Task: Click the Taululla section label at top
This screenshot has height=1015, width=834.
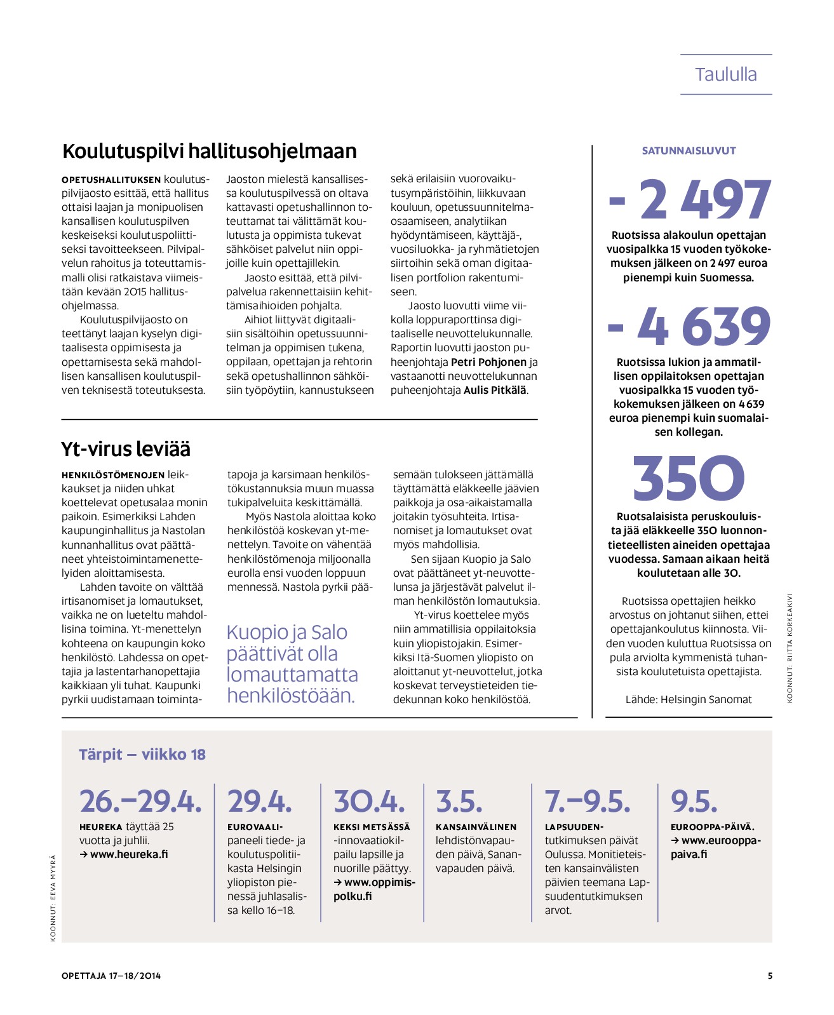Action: pyautogui.click(x=725, y=74)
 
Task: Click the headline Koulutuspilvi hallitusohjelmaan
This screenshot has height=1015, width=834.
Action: pyautogui.click(x=209, y=151)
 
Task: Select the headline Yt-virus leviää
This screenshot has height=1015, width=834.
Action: pyautogui.click(x=126, y=449)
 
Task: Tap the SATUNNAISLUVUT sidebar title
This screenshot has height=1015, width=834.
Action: pyautogui.click(x=689, y=151)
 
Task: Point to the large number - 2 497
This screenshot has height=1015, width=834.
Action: pyautogui.click(x=689, y=199)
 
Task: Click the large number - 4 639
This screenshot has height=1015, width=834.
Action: pyautogui.click(x=689, y=326)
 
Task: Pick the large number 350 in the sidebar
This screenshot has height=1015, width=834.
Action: pyautogui.click(x=689, y=478)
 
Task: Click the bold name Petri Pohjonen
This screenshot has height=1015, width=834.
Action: pyautogui.click(x=488, y=362)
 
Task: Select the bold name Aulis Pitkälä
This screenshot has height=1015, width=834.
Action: pyautogui.click(x=495, y=390)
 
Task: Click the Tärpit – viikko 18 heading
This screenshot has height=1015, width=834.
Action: pyautogui.click(x=142, y=755)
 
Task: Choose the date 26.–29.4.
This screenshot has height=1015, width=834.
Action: pyautogui.click(x=140, y=802)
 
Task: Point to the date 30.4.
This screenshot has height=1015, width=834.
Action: pyautogui.click(x=369, y=802)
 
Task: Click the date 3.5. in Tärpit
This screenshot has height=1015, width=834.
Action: pyautogui.click(x=459, y=802)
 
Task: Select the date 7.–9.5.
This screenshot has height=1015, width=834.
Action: pyautogui.click(x=588, y=802)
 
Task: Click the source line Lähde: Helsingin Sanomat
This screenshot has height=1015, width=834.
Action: pyautogui.click(x=689, y=699)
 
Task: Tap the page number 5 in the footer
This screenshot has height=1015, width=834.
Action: pyautogui.click(x=770, y=976)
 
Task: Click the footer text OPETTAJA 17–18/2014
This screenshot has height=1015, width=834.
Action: pyautogui.click(x=111, y=976)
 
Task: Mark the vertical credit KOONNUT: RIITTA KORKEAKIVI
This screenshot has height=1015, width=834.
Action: pyautogui.click(x=790, y=648)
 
